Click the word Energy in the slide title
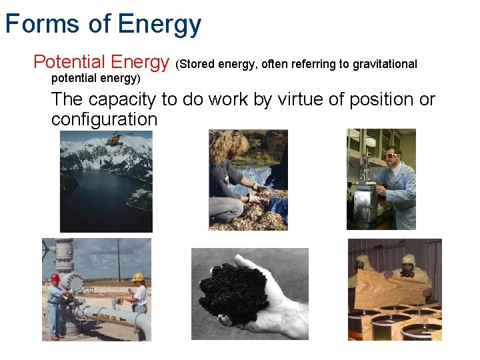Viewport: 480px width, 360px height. coord(159,25)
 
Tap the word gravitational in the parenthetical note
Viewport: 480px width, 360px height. coord(385,64)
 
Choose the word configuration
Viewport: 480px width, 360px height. coord(104,119)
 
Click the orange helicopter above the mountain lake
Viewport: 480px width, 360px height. coord(115,139)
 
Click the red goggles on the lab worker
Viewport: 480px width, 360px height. coord(391,155)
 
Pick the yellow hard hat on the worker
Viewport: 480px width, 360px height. coord(138,277)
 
